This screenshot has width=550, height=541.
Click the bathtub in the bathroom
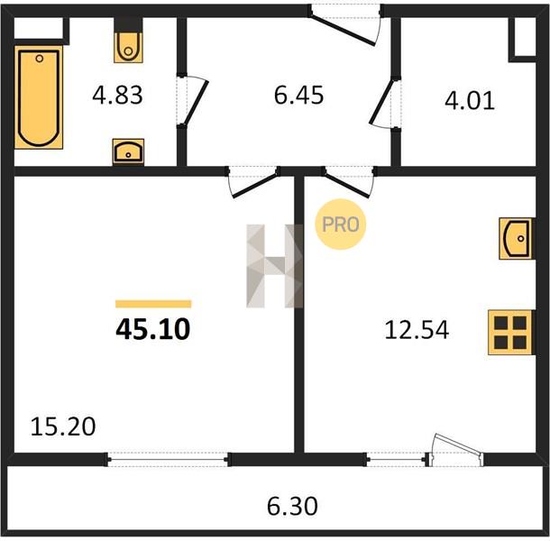(x=39, y=97)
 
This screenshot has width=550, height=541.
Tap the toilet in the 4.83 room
(x=128, y=47)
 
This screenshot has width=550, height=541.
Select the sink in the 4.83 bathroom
(x=128, y=151)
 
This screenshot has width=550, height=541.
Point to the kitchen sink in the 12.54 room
(x=517, y=239)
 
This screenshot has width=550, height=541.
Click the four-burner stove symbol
(x=511, y=332)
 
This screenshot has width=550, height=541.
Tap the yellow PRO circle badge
(x=341, y=225)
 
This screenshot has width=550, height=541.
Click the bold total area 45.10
(x=153, y=329)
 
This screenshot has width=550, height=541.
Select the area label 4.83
(x=117, y=96)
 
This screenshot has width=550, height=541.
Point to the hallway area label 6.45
(x=298, y=96)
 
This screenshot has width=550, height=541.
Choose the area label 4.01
(x=470, y=101)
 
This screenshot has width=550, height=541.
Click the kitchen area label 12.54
(x=417, y=330)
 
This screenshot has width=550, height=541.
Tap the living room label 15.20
(x=63, y=426)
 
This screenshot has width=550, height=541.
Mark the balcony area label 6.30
(x=292, y=506)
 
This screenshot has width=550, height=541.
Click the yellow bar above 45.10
(x=153, y=304)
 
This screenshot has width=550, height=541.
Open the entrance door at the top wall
(x=345, y=25)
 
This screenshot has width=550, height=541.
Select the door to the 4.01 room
(x=385, y=103)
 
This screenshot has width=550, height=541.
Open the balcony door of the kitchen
(x=456, y=451)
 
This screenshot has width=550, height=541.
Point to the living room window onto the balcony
(x=169, y=459)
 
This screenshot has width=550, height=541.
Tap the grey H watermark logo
(x=275, y=266)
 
